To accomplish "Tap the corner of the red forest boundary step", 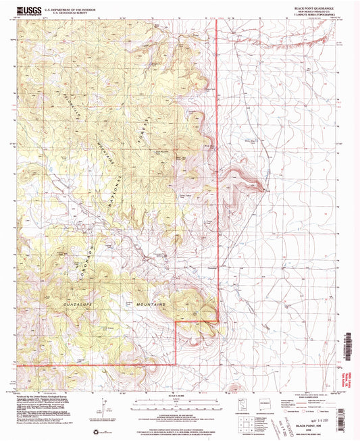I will coord(176,322).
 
